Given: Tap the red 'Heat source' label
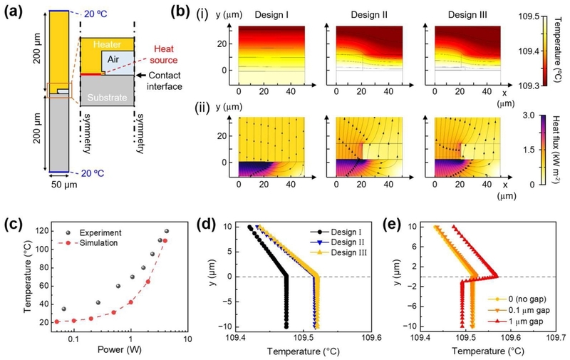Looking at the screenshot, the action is pos(164,55).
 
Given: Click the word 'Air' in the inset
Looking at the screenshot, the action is pos(113,59).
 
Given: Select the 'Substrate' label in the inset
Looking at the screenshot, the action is pos(107,98).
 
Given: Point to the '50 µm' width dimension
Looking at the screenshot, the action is pos(64,185).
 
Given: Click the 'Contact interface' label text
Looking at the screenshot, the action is pos(165,81).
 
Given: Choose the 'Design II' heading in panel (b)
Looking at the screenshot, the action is pos(369,15).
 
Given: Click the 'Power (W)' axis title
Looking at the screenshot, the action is pos(119,350).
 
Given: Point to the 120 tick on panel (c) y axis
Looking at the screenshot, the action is pos(42,231).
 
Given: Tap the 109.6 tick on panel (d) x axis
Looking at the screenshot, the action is pos(374,338).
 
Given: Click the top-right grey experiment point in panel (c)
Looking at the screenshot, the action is pos(167,231).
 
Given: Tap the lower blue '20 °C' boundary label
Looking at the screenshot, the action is pos(93,173).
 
